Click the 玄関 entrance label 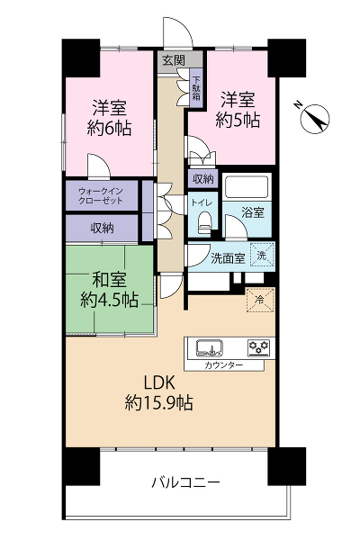tap(174, 60)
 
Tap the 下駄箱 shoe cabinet tap(196, 88)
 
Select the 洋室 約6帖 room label tap(109, 118)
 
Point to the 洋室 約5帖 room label tap(238, 110)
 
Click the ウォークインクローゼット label tap(101, 195)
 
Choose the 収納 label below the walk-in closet tap(103, 228)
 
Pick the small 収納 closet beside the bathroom tap(202, 179)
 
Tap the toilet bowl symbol tap(204, 222)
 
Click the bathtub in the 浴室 tap(247, 187)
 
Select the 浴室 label tap(253, 212)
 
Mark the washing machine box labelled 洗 tap(262, 256)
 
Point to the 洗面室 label tap(228, 258)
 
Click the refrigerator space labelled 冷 tap(260, 300)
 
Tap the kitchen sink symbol tap(210, 348)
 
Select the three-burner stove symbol tap(259, 347)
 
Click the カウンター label tap(224, 365)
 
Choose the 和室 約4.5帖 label tap(109, 289)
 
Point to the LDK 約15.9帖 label tap(158, 392)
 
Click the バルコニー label tap(185, 482)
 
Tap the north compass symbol tap(314, 118)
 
